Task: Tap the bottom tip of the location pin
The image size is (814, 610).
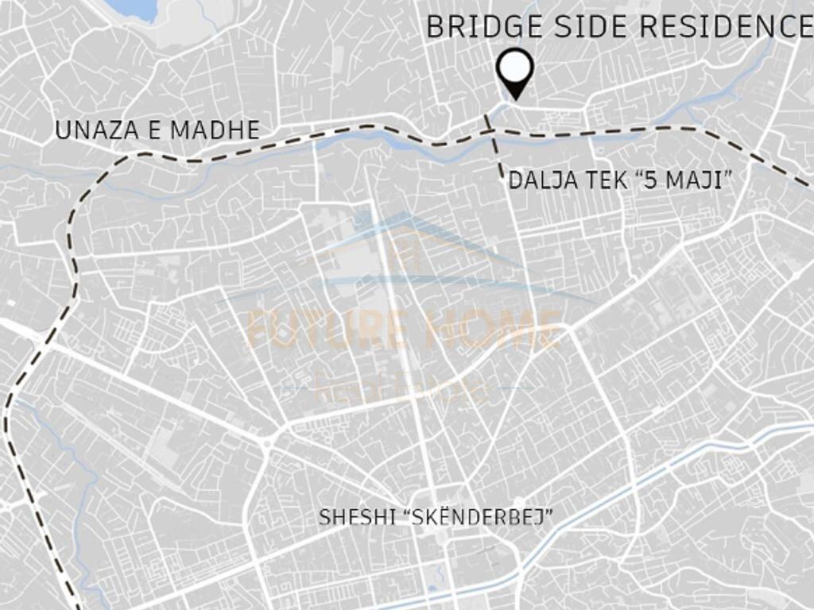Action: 516,98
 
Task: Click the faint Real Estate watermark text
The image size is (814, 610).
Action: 401,389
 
